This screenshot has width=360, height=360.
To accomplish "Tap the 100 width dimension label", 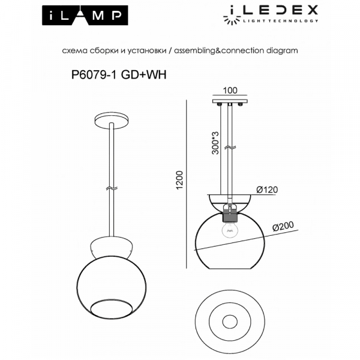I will tap(229, 91).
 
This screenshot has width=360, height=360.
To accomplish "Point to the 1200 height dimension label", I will tap(178, 181).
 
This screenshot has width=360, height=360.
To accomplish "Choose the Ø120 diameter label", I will tap(268, 190).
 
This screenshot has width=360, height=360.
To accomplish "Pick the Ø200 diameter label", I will tap(283, 227).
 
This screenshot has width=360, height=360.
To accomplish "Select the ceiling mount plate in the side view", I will tap(229, 101).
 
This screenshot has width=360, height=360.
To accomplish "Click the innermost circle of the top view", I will tap(230, 324).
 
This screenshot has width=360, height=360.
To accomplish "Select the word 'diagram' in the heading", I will tap(283, 51).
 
